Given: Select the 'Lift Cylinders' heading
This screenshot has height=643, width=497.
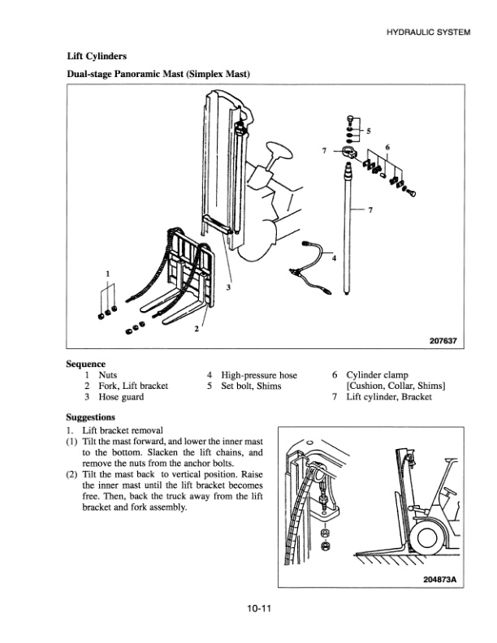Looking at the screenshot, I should pos(96,56).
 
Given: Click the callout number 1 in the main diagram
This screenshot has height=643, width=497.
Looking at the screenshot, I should pos(108,271).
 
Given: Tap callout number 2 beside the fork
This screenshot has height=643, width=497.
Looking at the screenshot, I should pos(196,329).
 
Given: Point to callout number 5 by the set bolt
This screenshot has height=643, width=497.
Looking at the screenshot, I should pos(368,130).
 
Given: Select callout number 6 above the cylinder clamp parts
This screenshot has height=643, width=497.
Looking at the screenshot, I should pos(387,147).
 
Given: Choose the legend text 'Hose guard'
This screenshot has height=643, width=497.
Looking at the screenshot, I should pos(121,398).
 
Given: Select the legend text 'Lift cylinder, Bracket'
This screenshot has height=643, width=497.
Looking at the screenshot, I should pos(388,398).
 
